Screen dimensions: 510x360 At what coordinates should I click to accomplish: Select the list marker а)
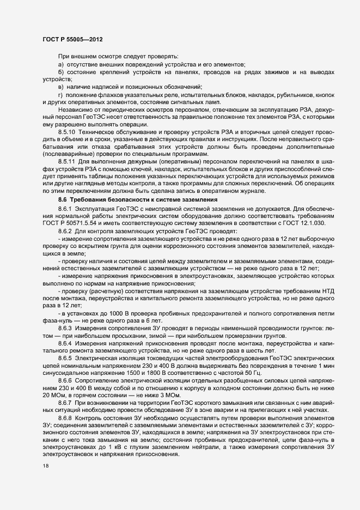tap(61, 65)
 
